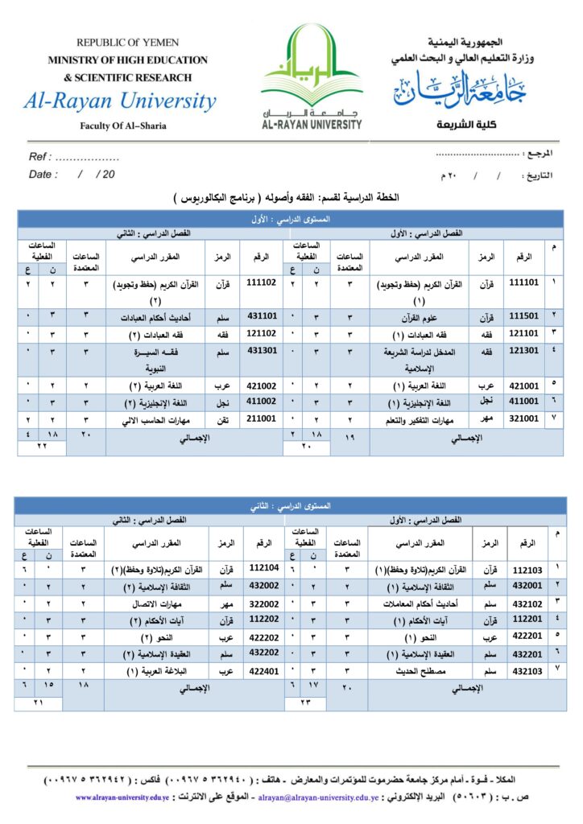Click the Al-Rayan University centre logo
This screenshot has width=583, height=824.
(x=312, y=76)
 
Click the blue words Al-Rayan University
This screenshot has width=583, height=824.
(x=120, y=101)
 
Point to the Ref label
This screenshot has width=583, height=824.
(x=41, y=157)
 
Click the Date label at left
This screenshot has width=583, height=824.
(x=43, y=174)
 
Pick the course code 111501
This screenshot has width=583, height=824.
(x=523, y=316)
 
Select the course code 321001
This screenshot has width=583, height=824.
(x=523, y=418)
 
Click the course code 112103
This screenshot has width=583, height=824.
(x=528, y=570)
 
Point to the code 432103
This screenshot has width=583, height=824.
(x=528, y=669)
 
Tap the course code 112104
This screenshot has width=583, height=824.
(x=265, y=568)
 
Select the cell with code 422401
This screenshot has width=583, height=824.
(x=265, y=669)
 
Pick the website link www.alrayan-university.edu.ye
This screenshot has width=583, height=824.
(x=122, y=797)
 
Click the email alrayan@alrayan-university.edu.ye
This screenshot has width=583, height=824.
(x=315, y=797)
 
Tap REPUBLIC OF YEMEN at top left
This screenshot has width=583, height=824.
(x=128, y=42)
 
